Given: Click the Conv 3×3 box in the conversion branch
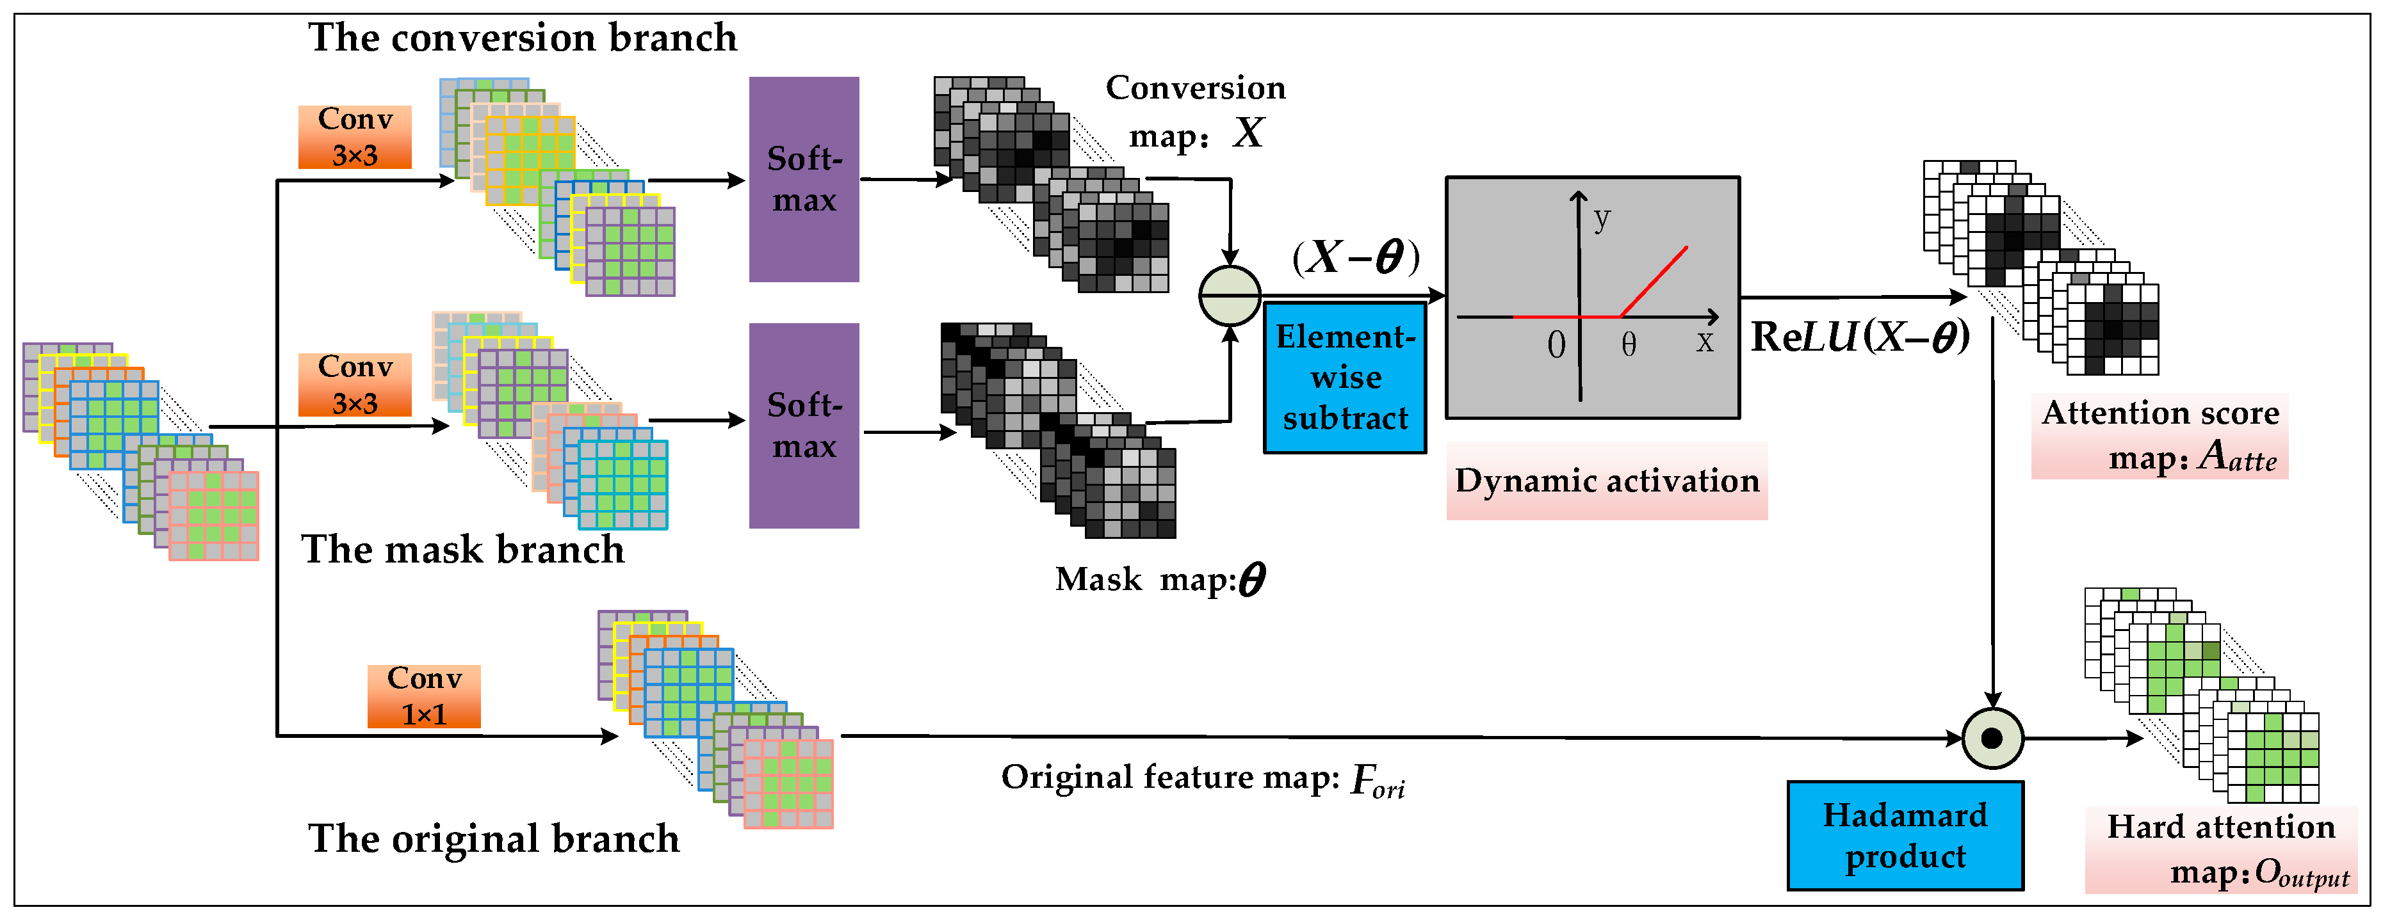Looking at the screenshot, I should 354,137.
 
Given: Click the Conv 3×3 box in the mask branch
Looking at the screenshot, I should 354,385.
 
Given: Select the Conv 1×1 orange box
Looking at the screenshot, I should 424,696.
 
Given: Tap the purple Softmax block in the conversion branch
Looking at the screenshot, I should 804,179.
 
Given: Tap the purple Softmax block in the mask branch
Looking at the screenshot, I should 804,426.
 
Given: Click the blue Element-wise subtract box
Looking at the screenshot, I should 1344,377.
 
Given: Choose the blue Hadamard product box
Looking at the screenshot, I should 1905,836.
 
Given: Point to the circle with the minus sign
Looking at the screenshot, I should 1230,296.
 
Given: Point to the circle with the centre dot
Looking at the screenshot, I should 1992,738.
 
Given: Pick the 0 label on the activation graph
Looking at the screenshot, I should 1556,345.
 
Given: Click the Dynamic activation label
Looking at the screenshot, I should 1607,481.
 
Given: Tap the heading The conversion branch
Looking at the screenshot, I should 523,38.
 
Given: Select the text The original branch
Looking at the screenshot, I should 493,838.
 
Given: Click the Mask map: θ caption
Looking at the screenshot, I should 1160,580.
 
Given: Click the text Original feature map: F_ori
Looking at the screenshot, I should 1203,778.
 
